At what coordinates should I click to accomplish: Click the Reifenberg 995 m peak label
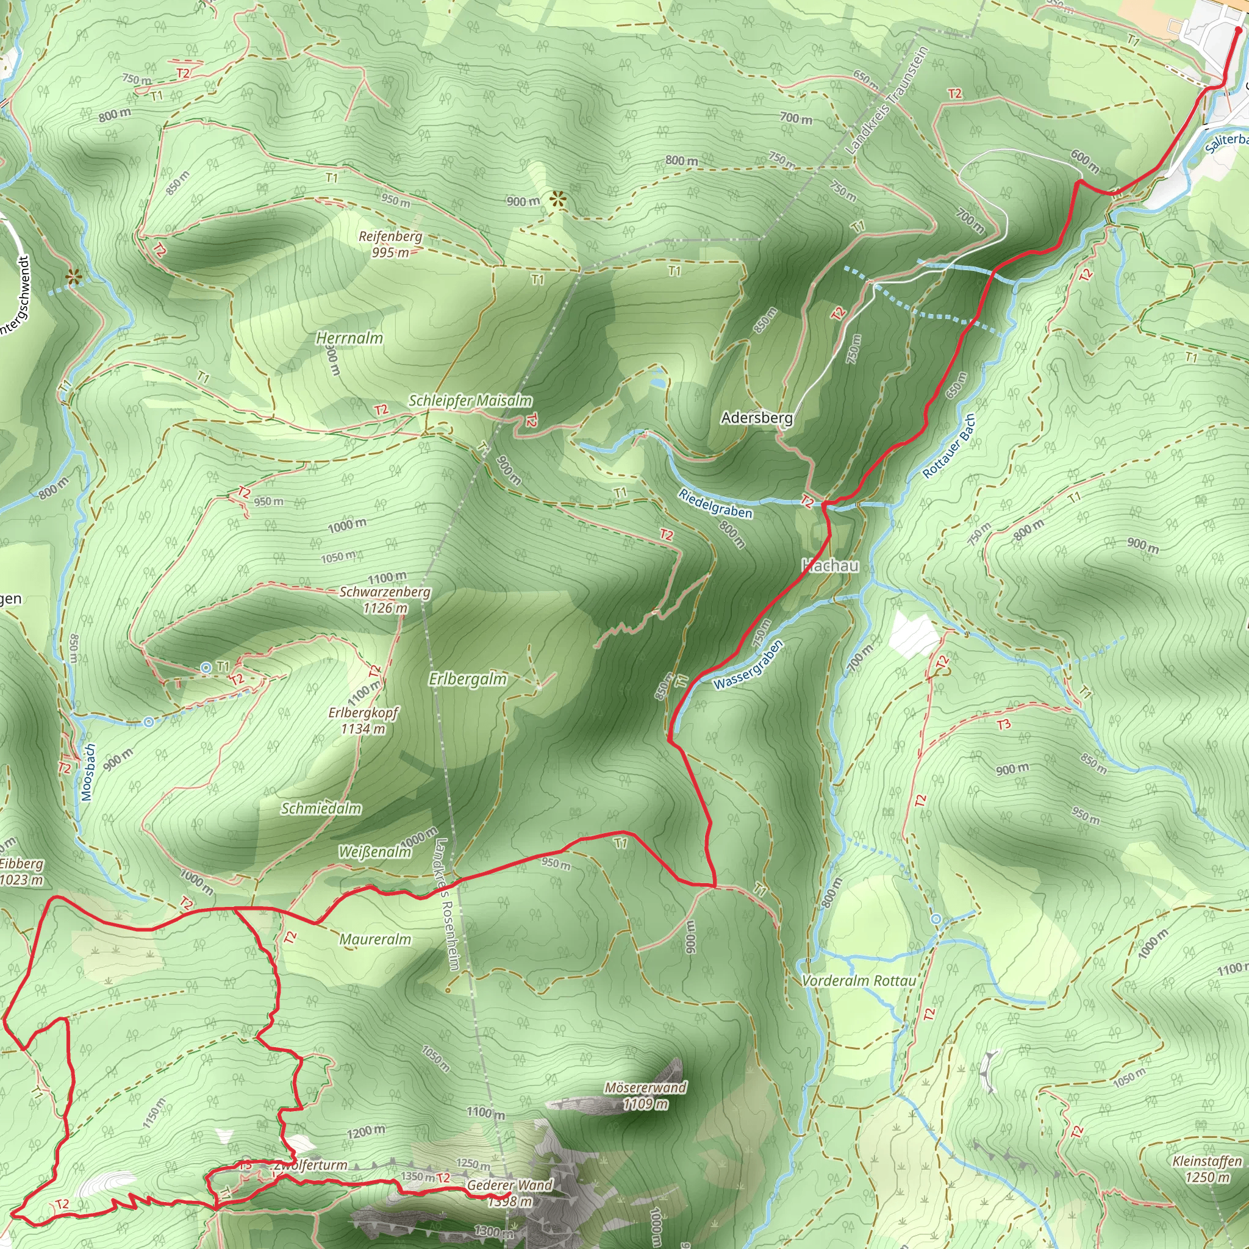pyautogui.click(x=390, y=244)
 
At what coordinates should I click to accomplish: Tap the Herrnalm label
pyautogui.click(x=349, y=337)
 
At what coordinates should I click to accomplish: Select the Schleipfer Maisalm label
pyautogui.click(x=470, y=401)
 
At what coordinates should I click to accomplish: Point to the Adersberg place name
pyautogui.click(x=756, y=418)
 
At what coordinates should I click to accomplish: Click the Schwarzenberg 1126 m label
pyautogui.click(x=385, y=600)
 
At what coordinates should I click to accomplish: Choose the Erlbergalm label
pyautogui.click(x=467, y=679)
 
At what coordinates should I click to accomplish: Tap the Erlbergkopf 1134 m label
pyautogui.click(x=363, y=720)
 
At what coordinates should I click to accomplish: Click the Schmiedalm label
pyautogui.click(x=321, y=808)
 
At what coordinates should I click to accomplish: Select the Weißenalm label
pyautogui.click(x=375, y=852)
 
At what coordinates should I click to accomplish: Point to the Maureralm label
pyautogui.click(x=375, y=939)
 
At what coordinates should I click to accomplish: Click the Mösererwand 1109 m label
pyautogui.click(x=645, y=1095)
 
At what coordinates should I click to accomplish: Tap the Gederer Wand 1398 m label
pyautogui.click(x=510, y=1193)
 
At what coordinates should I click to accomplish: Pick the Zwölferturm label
pyautogui.click(x=311, y=1165)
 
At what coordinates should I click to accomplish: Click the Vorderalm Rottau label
pyautogui.click(x=859, y=980)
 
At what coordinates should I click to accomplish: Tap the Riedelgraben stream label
pyautogui.click(x=715, y=503)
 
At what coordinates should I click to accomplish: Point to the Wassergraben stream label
pyautogui.click(x=748, y=665)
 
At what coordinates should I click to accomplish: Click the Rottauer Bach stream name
pyautogui.click(x=948, y=446)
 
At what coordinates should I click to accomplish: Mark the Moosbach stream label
pyautogui.click(x=89, y=772)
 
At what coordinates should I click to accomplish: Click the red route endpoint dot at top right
pyautogui.click(x=1238, y=29)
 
